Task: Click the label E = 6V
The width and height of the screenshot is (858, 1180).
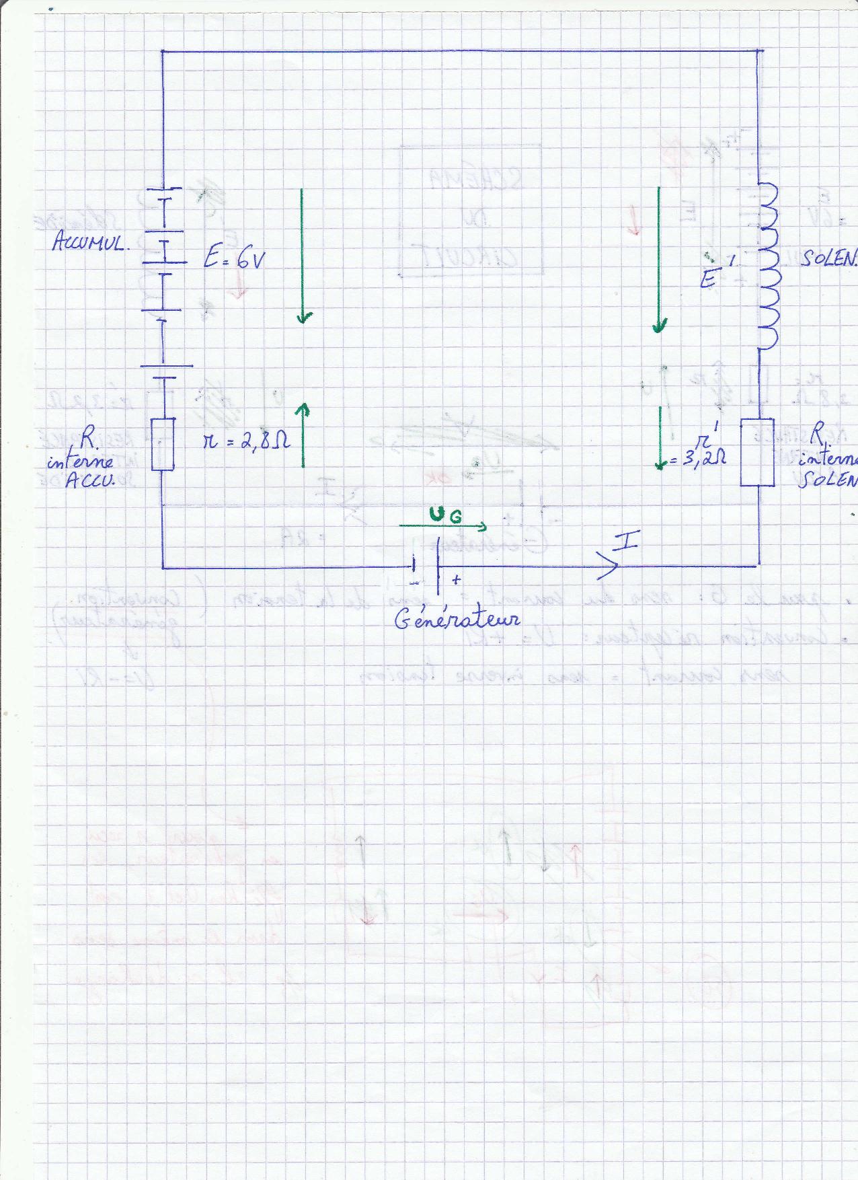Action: point(232,260)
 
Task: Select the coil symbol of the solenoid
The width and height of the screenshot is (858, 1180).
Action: point(767,266)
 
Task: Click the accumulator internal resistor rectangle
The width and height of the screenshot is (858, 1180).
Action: point(163,444)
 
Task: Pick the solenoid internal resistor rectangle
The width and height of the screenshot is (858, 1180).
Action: point(758,452)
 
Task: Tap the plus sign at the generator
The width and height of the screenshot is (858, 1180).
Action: point(457,579)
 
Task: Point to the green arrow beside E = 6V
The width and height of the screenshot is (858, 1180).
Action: point(303,256)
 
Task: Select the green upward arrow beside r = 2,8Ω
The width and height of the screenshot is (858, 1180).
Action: point(303,435)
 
